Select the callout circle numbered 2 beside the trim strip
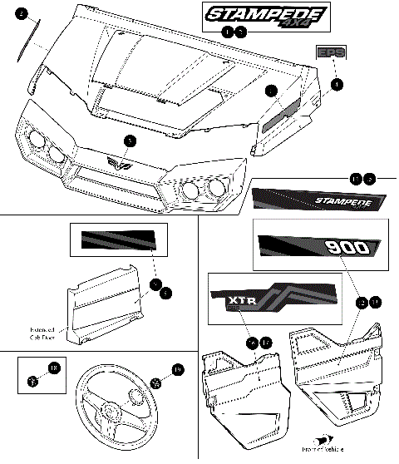[x=22, y=14]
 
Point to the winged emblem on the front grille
[x=123, y=163]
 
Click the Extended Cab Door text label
[x=45, y=332]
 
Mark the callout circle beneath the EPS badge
[x=335, y=84]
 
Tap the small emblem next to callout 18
[x=32, y=382]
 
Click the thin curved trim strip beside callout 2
[x=27, y=51]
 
